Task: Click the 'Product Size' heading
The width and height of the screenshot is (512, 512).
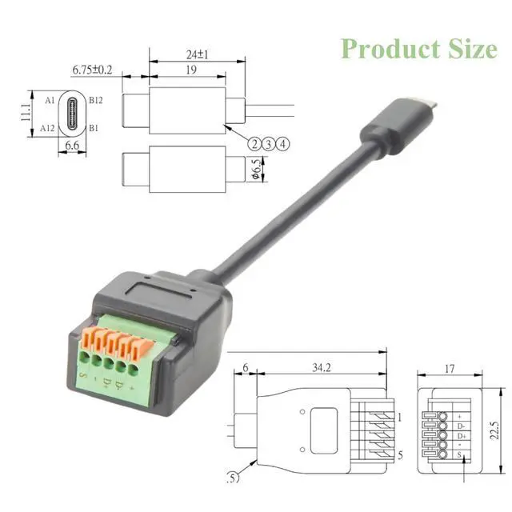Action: pos(419,49)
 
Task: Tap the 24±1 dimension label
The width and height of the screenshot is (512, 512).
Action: pos(198,54)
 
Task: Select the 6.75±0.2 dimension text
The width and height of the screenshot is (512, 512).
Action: pos(92,70)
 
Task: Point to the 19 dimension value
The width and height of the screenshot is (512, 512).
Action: pos(191,70)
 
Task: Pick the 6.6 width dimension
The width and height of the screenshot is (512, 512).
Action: pos(72,146)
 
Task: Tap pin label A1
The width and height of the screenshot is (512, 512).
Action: pos(50,100)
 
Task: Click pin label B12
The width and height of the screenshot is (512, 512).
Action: pos(96,100)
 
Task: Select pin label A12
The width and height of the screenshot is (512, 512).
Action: pos(47,128)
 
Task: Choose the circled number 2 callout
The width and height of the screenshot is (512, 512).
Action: pos(254,144)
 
